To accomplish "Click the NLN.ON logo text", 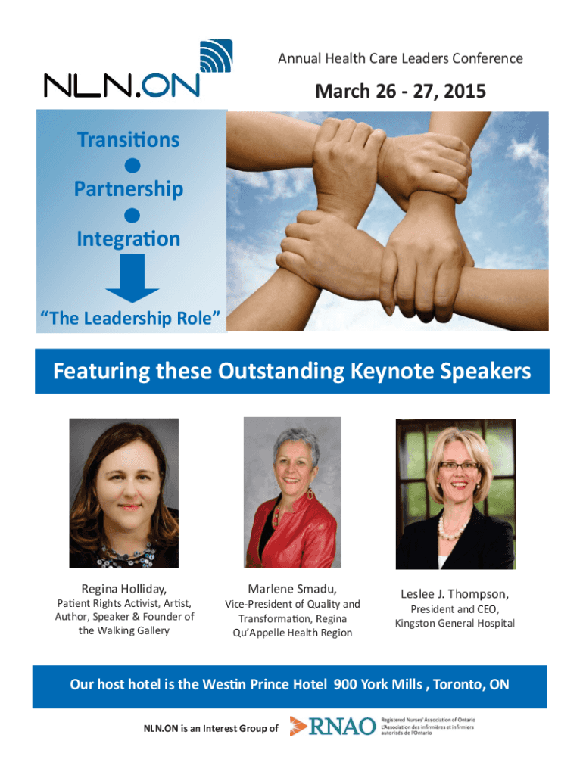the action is pyautogui.click(x=122, y=86).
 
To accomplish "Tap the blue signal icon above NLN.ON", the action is pyautogui.click(x=216, y=56).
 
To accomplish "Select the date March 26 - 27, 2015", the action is pyautogui.click(x=401, y=91).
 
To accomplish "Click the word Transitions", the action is pyautogui.click(x=128, y=140).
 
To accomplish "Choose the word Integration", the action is pyautogui.click(x=129, y=239).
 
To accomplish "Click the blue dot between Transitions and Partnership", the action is pyautogui.click(x=132, y=166).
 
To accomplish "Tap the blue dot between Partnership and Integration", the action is pyautogui.click(x=132, y=216).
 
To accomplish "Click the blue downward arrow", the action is pyautogui.click(x=132, y=279).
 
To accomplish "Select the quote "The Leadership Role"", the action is pyautogui.click(x=130, y=319).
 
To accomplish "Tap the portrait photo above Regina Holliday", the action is pyautogui.click(x=123, y=493).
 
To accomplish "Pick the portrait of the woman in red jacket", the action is pyautogui.click(x=292, y=492).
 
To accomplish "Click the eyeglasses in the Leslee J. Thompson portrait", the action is pyautogui.click(x=459, y=466).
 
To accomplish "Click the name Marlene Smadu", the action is pyautogui.click(x=292, y=589).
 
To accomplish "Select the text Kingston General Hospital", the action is pyautogui.click(x=455, y=624).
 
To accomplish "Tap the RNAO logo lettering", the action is pyautogui.click(x=342, y=727).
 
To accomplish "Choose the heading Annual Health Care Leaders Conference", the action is pyautogui.click(x=401, y=59).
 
